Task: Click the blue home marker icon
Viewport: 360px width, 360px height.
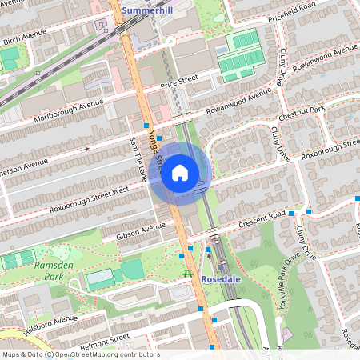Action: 180,172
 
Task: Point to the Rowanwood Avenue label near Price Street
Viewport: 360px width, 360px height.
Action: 238,103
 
